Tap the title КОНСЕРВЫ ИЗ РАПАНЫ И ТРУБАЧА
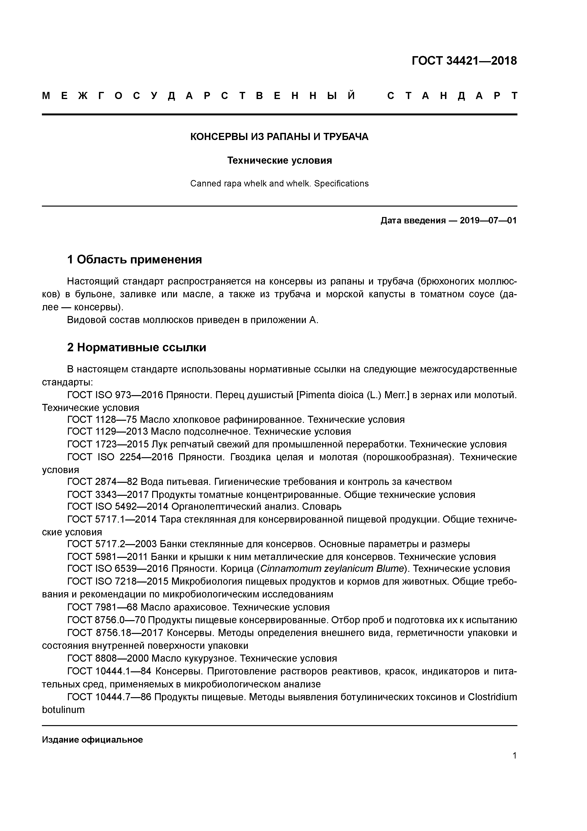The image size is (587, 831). pos(279,137)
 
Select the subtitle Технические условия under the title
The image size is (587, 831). pos(279,160)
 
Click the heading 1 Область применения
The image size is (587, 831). pos(134,259)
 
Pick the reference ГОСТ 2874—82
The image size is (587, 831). pos(102,482)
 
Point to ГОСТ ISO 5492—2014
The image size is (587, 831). pos(118,506)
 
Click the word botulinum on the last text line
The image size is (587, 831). pos(63,710)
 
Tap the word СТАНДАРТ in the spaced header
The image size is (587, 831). pos(452,96)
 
